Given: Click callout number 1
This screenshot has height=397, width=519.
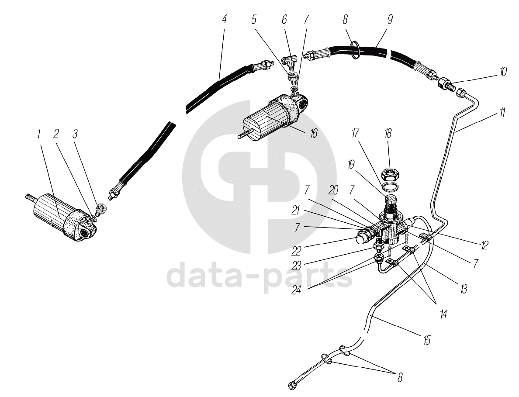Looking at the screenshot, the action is (39, 134).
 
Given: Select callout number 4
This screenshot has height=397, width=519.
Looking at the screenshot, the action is (225, 19).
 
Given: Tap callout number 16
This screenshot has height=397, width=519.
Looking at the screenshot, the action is (313, 133).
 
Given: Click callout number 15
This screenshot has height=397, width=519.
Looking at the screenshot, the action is (427, 340).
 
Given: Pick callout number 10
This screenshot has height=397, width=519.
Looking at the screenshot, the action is (503, 72).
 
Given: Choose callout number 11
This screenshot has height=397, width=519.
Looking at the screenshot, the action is (502, 113).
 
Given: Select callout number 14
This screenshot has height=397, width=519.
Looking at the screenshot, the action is (443, 314).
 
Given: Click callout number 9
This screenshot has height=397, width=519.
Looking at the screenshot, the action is (390, 19).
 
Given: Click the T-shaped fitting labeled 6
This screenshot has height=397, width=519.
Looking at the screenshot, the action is (288, 61).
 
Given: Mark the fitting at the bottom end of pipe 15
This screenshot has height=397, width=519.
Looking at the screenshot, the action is (292, 385).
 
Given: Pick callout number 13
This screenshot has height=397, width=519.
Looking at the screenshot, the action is (464, 289).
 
